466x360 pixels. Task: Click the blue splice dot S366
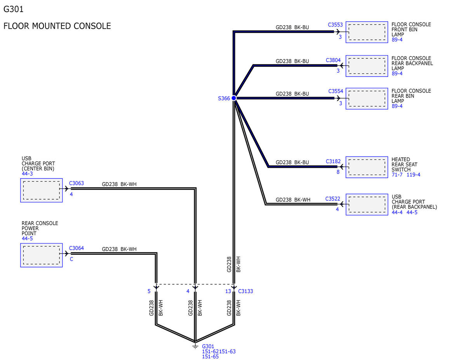[234, 98]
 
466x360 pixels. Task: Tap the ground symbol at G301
[195, 346]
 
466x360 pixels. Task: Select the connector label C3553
[335, 25]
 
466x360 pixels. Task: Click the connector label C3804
[333, 60]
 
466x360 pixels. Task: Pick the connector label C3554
[336, 91]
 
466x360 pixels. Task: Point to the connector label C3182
[333, 162]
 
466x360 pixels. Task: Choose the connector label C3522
[333, 199]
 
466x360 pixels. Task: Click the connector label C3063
[77, 183]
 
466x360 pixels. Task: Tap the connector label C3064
[77, 248]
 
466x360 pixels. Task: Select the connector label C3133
[245, 291]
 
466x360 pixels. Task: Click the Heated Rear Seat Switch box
[367, 167]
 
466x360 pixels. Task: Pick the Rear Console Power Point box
[42, 255]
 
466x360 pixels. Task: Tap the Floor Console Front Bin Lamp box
[367, 32]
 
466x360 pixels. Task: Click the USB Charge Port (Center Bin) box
[42, 190]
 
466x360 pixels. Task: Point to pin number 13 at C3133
[228, 291]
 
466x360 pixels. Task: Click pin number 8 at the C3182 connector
[338, 172]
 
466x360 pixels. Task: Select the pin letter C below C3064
[71, 259]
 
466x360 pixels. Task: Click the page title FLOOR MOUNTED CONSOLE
[57, 26]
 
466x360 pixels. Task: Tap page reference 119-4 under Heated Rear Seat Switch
[413, 175]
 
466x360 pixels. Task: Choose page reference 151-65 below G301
[210, 357]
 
